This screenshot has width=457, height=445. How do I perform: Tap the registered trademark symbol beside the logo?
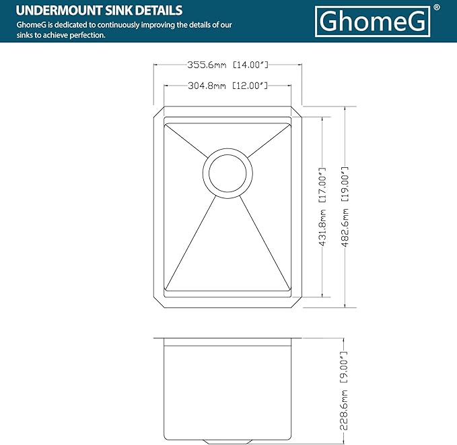click(437, 7)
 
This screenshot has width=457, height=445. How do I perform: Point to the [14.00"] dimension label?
click(251, 65)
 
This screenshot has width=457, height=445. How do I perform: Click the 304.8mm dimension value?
click(207, 86)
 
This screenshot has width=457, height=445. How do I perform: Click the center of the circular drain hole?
click(228, 173)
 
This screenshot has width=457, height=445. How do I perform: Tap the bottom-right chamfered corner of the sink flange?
click(297, 302)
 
